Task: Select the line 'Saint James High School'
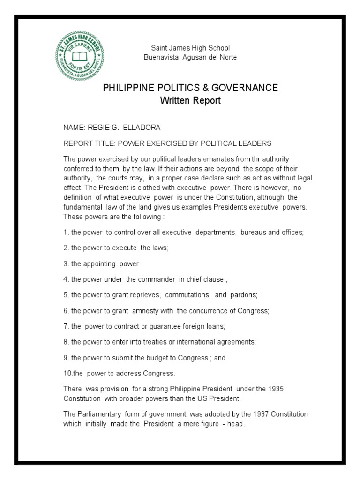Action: click(x=190, y=48)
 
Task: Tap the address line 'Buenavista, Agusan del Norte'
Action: click(x=190, y=57)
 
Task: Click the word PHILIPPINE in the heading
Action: click(x=129, y=88)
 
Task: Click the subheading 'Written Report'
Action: click(x=190, y=100)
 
